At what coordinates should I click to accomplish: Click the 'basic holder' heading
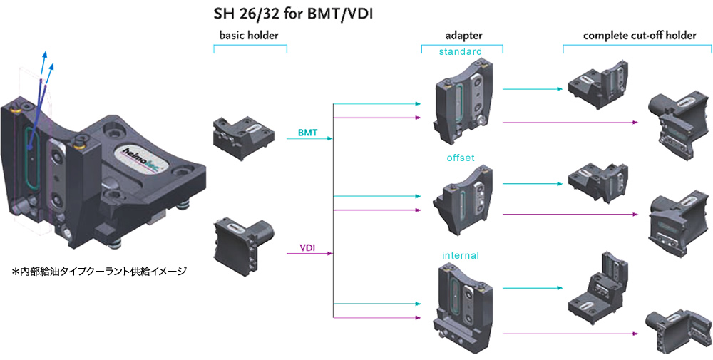click(250, 35)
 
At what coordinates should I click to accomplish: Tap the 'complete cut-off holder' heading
click(639, 35)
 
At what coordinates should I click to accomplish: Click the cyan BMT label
click(308, 133)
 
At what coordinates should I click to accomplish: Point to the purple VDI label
click(308, 249)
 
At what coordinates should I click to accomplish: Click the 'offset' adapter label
click(461, 156)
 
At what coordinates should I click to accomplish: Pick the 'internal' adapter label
click(461, 254)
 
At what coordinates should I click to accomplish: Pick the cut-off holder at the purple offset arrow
click(678, 218)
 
